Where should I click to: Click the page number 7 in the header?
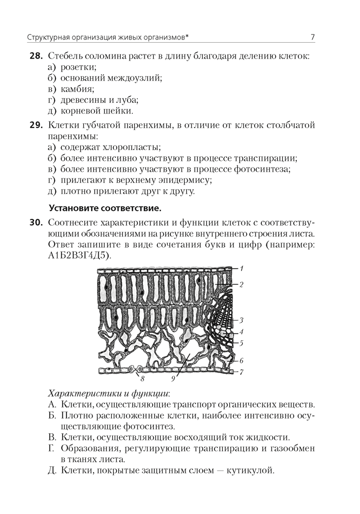[x=313, y=36]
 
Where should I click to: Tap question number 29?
[x=36, y=125]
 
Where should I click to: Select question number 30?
[x=36, y=223]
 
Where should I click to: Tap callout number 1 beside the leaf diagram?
[x=242, y=268]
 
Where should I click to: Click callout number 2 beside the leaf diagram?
[x=241, y=283]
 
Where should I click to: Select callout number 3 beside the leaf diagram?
[x=241, y=320]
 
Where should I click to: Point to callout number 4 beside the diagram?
[x=241, y=332]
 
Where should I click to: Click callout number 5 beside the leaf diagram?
[x=241, y=342]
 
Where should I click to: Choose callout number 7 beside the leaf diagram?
[x=241, y=371]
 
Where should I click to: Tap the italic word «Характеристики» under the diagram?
[x=79, y=394]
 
